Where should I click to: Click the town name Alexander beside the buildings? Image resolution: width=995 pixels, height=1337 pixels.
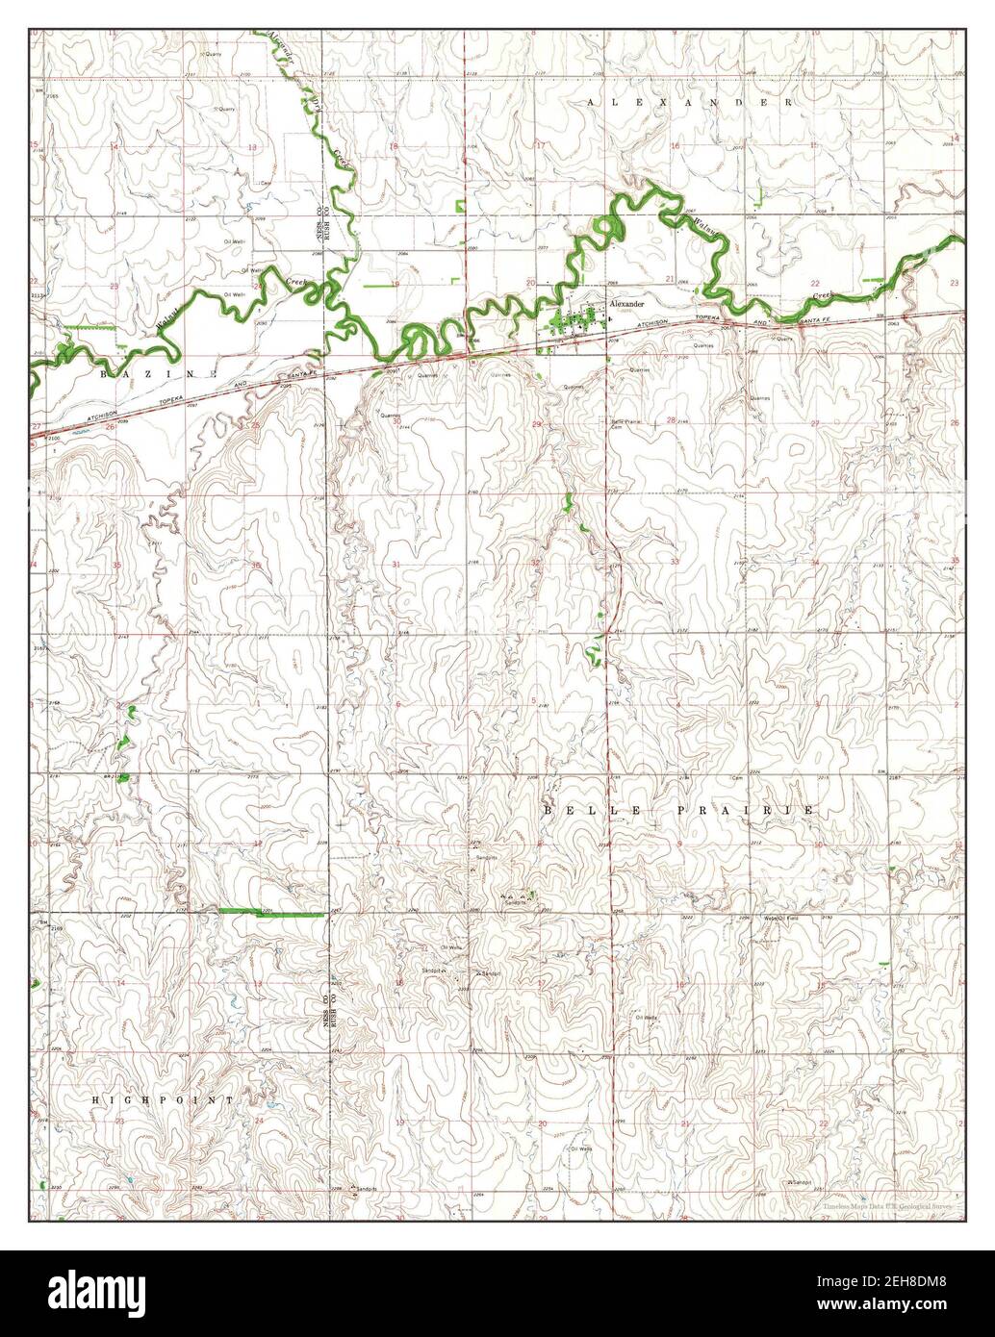click(x=625, y=303)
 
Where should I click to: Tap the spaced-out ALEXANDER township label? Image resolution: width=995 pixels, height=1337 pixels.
click(x=690, y=101)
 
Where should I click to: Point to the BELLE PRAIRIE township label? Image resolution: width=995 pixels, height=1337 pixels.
click(x=679, y=811)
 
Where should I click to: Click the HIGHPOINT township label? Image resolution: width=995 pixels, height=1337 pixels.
click(x=164, y=1098)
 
